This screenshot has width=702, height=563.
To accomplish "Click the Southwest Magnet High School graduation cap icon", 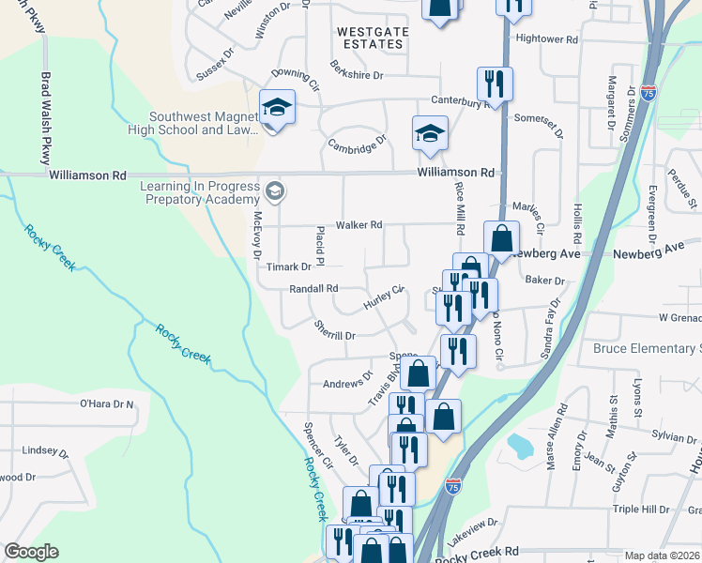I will (x=277, y=108).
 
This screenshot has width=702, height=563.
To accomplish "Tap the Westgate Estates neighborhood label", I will (x=373, y=38).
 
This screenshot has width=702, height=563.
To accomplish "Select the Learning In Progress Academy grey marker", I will (x=275, y=192).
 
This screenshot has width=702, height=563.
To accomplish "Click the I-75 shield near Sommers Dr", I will (x=649, y=93).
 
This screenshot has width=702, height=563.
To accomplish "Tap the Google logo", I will (x=32, y=551).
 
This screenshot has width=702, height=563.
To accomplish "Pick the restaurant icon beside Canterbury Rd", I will (x=493, y=84).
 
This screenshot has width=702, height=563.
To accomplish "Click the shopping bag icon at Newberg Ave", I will (x=502, y=238).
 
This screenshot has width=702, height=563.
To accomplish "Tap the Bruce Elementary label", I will (x=647, y=348).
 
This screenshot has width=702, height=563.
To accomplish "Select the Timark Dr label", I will (x=287, y=266).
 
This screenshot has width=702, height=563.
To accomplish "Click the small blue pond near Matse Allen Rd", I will (x=519, y=445).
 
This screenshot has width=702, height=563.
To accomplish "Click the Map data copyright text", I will (x=663, y=555).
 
